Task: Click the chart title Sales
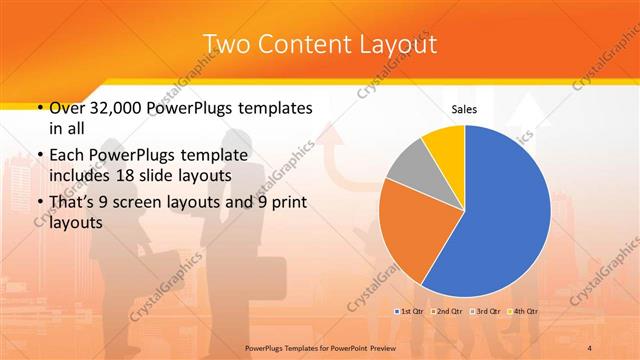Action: (x=464, y=108)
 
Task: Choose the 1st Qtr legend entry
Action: (x=410, y=312)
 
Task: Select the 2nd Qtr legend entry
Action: (x=446, y=312)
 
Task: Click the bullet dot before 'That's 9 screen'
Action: (x=38, y=204)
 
